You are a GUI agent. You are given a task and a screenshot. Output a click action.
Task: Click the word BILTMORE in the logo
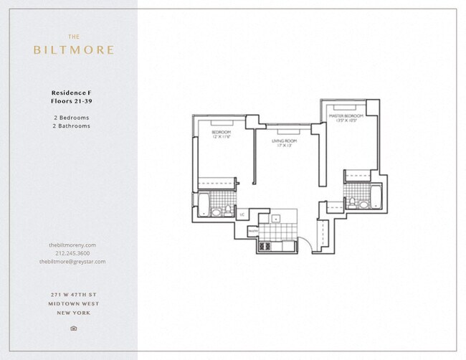tap(73, 50)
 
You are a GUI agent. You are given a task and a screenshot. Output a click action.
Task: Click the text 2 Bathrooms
tap(71, 125)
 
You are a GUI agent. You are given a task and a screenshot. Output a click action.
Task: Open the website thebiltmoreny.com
tap(72, 245)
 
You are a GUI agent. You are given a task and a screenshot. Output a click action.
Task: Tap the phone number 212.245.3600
tap(72, 253)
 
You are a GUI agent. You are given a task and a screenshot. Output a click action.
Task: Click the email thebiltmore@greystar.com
tap(72, 262)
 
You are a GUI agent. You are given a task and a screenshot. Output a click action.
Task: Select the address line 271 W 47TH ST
tap(72, 295)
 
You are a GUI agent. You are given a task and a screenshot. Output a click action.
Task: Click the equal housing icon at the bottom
tap(73, 328)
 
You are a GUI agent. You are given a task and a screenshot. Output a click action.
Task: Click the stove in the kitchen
tap(265, 247)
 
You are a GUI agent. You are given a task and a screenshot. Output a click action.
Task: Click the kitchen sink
tap(276, 219)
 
